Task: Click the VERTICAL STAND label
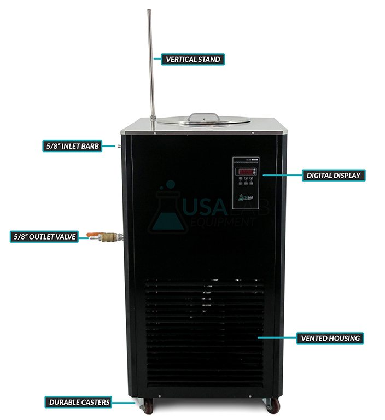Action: (x=192, y=59)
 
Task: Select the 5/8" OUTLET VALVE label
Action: (x=44, y=237)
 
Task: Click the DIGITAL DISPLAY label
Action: (x=334, y=176)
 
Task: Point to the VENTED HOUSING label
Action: (x=329, y=338)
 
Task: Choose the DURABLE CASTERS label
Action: (x=79, y=402)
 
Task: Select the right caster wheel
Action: (x=272, y=406)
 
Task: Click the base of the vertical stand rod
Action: (x=153, y=117)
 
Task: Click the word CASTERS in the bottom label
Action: (x=95, y=402)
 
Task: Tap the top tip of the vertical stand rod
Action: (x=149, y=10)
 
